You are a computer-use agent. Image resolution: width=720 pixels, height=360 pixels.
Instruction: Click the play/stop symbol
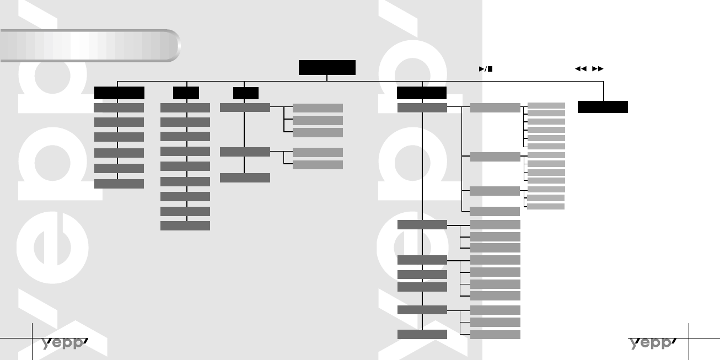(x=486, y=69)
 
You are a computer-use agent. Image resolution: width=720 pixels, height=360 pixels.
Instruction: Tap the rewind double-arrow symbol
(x=579, y=69)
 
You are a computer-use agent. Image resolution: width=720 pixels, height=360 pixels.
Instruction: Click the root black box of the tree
(x=327, y=67)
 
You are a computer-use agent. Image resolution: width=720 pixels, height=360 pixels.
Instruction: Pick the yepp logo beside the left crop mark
(x=65, y=343)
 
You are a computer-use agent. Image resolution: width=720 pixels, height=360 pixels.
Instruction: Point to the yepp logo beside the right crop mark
(x=653, y=343)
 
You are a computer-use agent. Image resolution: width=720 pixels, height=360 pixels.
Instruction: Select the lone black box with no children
(x=603, y=107)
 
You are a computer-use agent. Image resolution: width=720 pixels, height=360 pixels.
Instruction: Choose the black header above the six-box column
(x=119, y=93)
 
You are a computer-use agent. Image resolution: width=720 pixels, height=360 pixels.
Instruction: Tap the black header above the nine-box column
(x=186, y=93)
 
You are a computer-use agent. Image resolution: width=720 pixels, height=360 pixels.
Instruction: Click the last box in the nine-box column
(x=185, y=226)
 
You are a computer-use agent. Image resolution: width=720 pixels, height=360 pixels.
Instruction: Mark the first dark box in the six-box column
(x=119, y=108)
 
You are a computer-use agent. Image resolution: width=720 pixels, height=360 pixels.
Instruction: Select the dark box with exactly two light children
(x=245, y=152)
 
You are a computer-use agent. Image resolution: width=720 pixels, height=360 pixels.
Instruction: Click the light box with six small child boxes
(x=495, y=108)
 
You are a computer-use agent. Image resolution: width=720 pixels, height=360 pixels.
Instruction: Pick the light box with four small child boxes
(x=495, y=157)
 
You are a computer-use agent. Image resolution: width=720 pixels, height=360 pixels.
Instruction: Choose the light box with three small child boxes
(x=495, y=191)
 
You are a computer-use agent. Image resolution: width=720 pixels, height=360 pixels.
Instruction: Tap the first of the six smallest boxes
(x=546, y=105)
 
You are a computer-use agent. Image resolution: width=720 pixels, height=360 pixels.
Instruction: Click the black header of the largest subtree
(x=422, y=93)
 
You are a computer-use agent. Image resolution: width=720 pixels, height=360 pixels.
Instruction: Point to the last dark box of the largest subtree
(x=422, y=334)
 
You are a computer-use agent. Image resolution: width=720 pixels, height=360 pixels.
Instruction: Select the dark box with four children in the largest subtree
(x=422, y=260)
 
